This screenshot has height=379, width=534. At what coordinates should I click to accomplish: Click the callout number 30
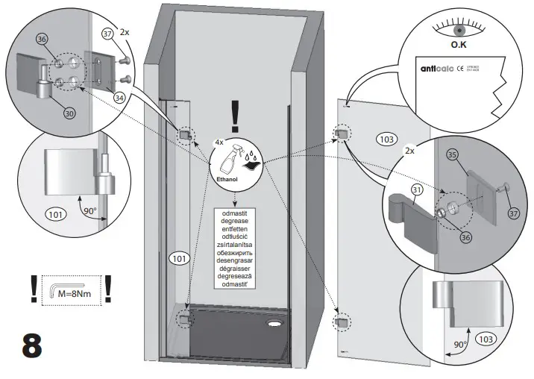tap(69, 113)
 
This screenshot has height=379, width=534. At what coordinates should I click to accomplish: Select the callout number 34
tap(118, 96)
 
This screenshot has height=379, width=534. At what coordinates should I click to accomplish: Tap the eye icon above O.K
tap(459, 29)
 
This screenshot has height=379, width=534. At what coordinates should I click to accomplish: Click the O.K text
tap(459, 45)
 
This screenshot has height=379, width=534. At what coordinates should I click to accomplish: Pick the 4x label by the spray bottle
tap(219, 141)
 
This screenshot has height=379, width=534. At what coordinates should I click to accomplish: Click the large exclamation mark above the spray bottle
tap(236, 116)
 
